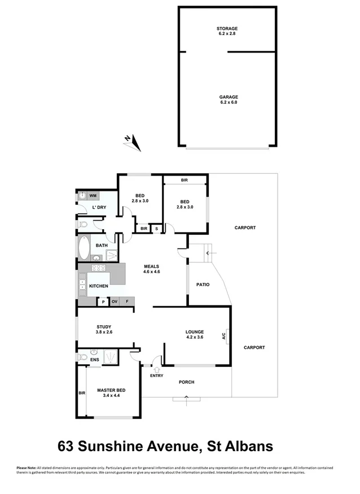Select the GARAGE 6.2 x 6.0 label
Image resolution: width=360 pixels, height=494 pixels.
click(x=227, y=99)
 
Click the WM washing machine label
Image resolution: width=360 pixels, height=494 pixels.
click(x=93, y=195)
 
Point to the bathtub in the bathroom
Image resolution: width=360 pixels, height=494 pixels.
click(x=84, y=246)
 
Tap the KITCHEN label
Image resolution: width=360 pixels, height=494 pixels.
click(x=99, y=286)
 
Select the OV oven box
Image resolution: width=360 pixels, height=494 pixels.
click(x=115, y=302)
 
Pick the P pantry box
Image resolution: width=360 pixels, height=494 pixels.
click(x=103, y=302)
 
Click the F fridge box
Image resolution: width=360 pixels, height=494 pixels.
click(x=128, y=302)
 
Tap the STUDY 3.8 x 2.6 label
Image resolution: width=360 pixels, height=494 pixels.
click(x=103, y=329)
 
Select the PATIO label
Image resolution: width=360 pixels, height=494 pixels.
click(x=203, y=285)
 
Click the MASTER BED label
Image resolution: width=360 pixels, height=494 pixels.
click(x=111, y=393)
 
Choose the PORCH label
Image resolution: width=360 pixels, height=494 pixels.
click(x=187, y=382)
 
